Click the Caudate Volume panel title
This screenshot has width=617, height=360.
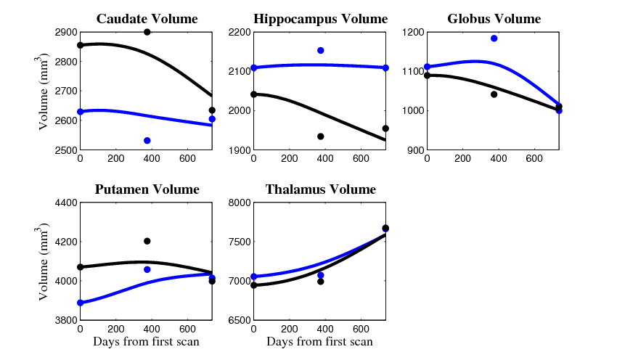pos(147,19)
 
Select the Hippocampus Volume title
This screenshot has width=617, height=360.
pos(320,19)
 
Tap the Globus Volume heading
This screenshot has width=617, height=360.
pos(494,19)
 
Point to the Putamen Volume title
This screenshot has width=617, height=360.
pos(147,189)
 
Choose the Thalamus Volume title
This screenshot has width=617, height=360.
pos(320,189)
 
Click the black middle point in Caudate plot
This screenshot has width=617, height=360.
pos(147,32)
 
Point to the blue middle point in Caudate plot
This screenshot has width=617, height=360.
pos(147,140)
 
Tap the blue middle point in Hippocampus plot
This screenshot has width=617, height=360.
pos(321,50)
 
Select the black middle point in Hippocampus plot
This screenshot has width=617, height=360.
pos(321,136)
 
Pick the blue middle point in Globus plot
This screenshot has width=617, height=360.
pos(494,38)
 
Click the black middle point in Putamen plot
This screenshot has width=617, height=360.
pos(147,241)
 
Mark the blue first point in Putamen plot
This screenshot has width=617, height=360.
pos(80,303)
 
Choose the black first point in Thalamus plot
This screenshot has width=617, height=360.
pos(253,285)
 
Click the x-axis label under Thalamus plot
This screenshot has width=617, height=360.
pos(319,342)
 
